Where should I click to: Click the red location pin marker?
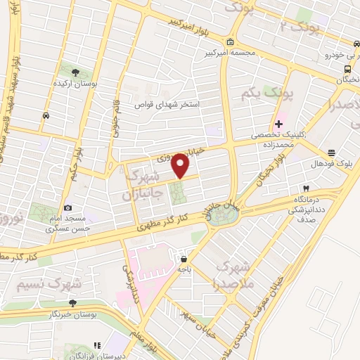pyautogui.click(x=181, y=165)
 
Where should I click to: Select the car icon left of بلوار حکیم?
pyautogui.click(x=46, y=115)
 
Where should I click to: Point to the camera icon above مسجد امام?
pyautogui.click(x=67, y=207)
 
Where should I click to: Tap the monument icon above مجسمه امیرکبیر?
pyautogui.click(x=231, y=41)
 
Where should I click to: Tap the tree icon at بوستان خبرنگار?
pyautogui.click(x=72, y=303)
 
